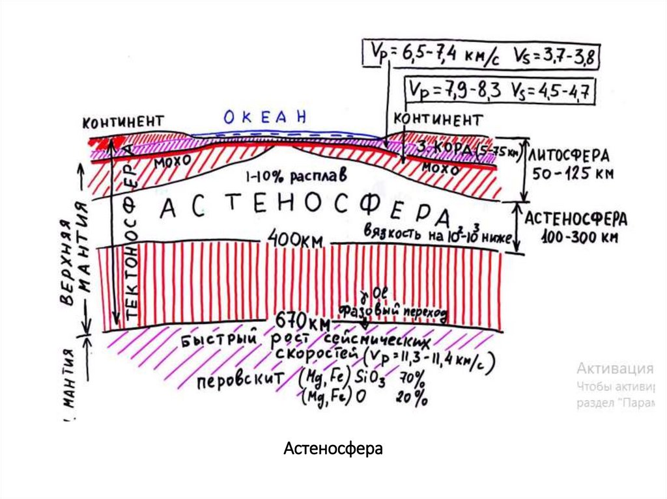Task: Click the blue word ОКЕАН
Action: [x=264, y=117]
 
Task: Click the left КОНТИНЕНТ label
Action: [x=122, y=121]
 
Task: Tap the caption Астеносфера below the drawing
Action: [x=333, y=449]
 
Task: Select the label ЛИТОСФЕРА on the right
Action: [x=569, y=156]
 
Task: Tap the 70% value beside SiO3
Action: [x=413, y=378]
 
